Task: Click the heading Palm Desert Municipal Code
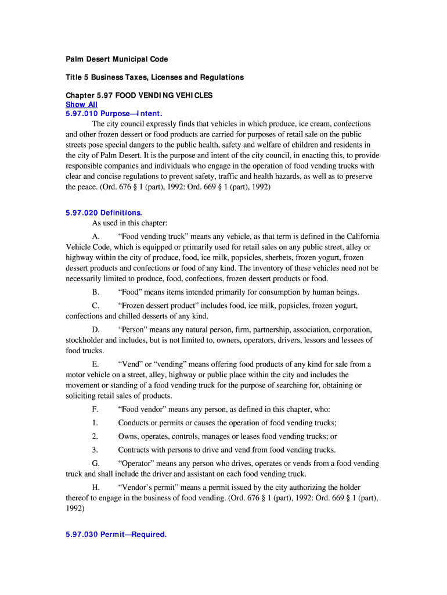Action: coord(117,59)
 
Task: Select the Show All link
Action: coord(81,105)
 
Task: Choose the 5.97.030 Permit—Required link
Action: coord(116,535)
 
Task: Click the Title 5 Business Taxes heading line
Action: coord(154,77)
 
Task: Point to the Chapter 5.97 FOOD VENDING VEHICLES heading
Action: coord(139,95)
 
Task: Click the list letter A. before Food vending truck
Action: coord(96,236)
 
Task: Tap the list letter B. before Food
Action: coord(96,292)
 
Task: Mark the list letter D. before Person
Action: coord(96,329)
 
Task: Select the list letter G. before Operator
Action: coord(96,463)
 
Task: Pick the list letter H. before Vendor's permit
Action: coord(96,487)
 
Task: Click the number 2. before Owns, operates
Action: coord(95,436)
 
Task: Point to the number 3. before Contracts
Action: coord(95,450)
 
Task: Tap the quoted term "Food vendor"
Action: coord(146,409)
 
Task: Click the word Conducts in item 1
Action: coord(134,423)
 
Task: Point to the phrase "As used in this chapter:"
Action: coord(129,223)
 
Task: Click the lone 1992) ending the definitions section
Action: coord(75,508)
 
